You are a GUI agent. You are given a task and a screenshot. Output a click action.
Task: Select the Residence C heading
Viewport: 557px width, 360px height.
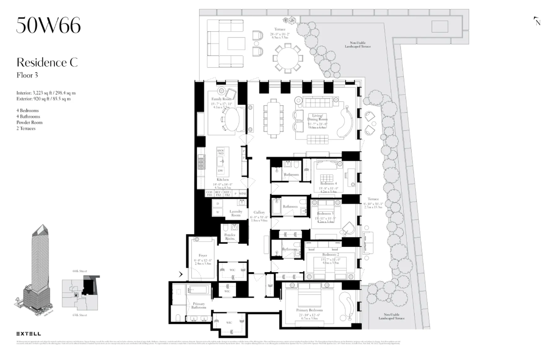[x=47, y=62]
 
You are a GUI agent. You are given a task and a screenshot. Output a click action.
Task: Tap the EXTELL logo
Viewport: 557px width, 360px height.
[x=29, y=333]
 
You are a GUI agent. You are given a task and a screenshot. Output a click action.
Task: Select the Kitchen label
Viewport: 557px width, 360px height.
[x=223, y=180]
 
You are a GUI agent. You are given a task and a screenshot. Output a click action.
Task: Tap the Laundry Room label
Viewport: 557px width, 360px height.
[x=235, y=213]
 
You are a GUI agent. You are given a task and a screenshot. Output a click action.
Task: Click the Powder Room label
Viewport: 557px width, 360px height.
[x=230, y=237]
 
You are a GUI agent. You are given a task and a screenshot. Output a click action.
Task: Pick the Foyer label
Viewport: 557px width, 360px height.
[x=202, y=255]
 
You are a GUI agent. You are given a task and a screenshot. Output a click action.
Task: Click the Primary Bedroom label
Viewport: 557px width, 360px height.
[x=310, y=310]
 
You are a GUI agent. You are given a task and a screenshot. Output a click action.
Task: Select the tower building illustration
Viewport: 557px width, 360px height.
[x=40, y=270]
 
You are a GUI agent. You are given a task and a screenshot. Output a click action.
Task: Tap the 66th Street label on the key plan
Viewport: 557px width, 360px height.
[x=80, y=271]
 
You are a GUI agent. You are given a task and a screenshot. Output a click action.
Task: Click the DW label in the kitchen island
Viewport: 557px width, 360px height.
[x=221, y=171]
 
